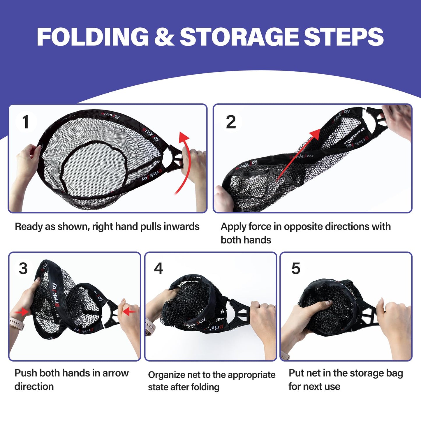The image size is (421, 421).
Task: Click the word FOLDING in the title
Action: tap(93, 36)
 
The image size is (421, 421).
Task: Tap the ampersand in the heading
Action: tap(164, 36)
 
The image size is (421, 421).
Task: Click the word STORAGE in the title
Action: tap(239, 36)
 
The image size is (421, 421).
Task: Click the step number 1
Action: tap(26, 122)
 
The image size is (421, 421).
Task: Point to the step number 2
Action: tap(231, 122)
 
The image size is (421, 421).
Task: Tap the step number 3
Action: tap(23, 268)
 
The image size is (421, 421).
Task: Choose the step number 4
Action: tap(158, 268)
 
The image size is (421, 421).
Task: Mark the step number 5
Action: tap(296, 268)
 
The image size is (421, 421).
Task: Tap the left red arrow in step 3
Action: tap(22, 313)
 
